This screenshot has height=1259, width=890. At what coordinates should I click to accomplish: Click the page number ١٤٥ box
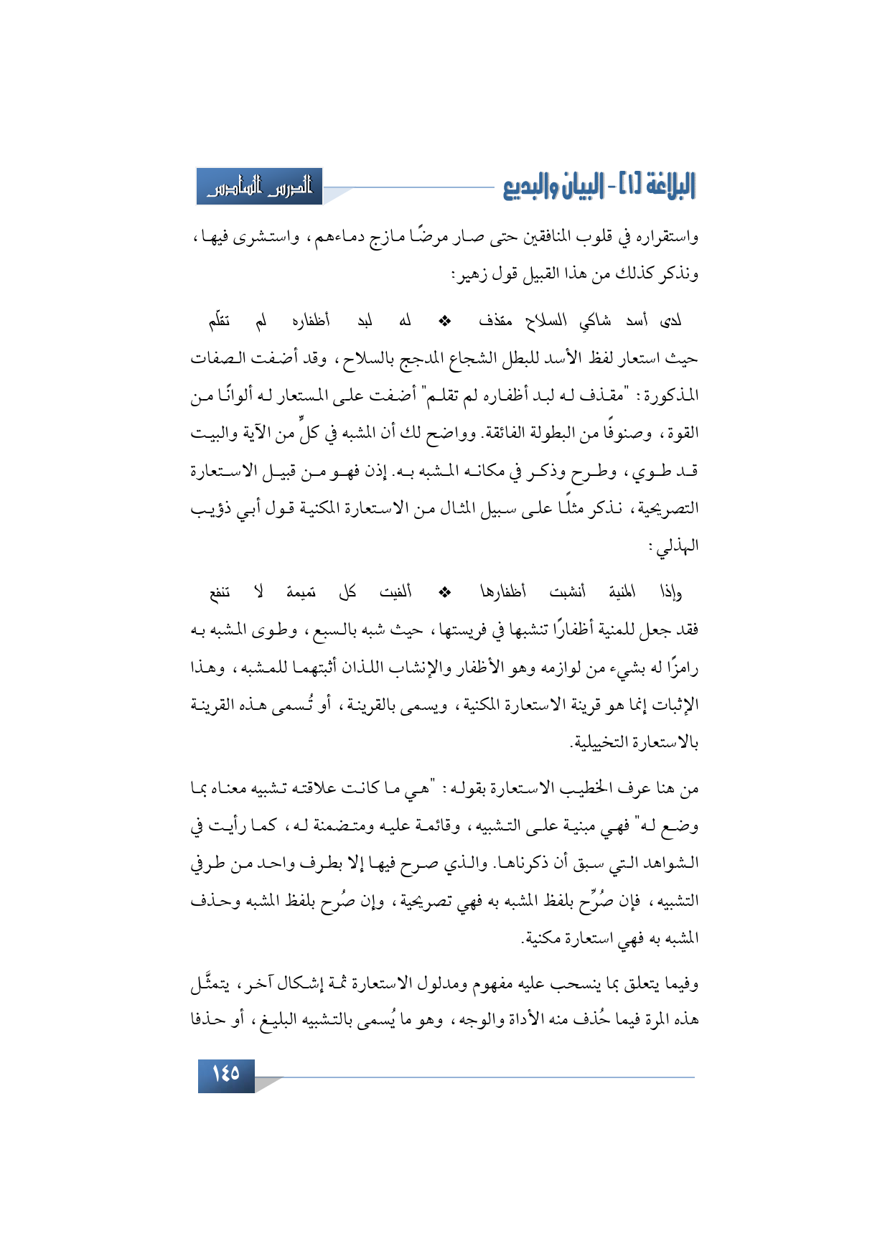coord(226,1074)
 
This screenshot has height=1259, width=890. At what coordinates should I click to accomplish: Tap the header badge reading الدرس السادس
coord(259,187)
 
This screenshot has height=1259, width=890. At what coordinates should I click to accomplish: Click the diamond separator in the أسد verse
coord(444,322)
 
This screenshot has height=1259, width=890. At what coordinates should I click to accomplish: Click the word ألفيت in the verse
coord(395,593)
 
